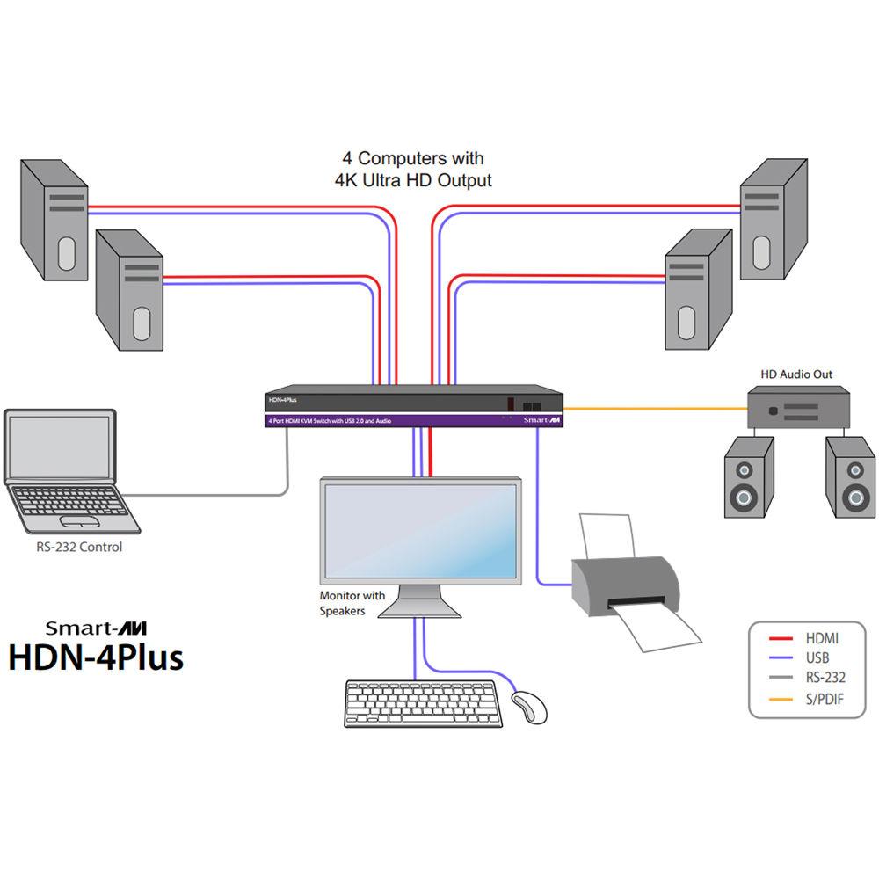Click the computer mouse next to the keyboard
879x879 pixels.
coord(528,707)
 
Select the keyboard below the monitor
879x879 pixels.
coord(424,703)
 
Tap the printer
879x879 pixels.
coord(627,585)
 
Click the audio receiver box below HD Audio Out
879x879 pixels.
coord(799,408)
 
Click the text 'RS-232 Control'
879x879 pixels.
coord(73,548)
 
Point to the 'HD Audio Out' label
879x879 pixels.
coord(796,374)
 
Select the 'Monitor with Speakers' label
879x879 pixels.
coord(352,603)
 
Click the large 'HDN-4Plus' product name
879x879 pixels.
coord(96,657)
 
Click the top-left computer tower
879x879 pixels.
coord(54,219)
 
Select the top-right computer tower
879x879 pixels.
coord(774,220)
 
